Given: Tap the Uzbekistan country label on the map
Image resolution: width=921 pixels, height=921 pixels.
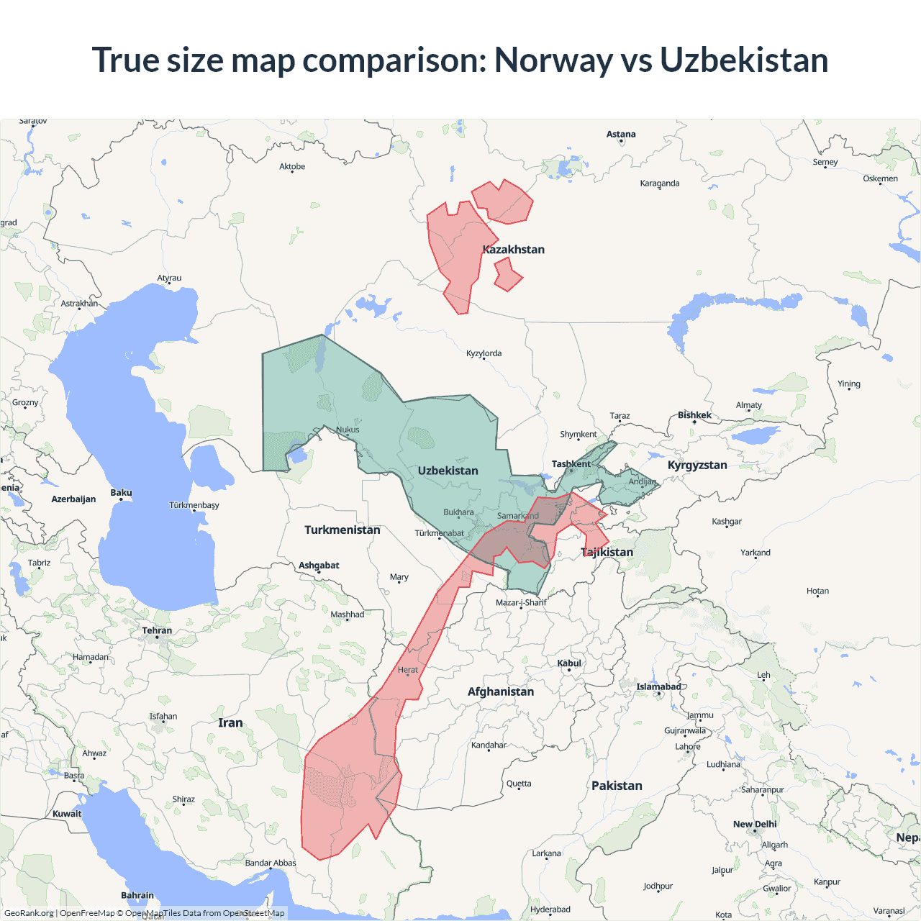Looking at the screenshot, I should click(x=448, y=471).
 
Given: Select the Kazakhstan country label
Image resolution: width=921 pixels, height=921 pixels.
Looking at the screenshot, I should click(x=514, y=250).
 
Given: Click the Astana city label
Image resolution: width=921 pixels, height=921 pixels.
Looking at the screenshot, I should click(x=621, y=135).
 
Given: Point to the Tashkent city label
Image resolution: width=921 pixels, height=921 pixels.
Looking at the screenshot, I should click(x=571, y=464).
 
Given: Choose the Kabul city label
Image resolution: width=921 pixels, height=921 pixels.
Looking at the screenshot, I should click(x=569, y=663).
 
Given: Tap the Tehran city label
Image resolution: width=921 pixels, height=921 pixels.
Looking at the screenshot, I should click(x=157, y=631).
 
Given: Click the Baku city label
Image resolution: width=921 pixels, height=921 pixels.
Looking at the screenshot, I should click(x=121, y=493).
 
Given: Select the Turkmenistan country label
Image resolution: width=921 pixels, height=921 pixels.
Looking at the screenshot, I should click(x=342, y=530).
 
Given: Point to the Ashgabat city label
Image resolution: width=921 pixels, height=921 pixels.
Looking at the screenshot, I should click(x=319, y=566).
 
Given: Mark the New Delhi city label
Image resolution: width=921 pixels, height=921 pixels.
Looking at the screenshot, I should click(x=755, y=825).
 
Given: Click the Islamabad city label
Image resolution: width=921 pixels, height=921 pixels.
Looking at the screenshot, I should click(x=658, y=687).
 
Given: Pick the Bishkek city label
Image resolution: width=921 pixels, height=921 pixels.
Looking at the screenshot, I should click(x=694, y=415).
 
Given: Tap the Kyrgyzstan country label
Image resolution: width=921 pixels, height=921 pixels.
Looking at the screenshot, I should click(x=697, y=466).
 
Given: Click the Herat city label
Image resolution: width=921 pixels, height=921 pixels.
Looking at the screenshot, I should click(x=408, y=670).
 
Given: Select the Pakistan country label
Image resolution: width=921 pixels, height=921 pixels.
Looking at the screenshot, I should click(x=617, y=786).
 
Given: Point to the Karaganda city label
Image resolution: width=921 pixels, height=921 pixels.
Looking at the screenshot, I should click(x=660, y=183).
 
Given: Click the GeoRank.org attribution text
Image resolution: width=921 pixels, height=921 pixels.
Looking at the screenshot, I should click(x=29, y=913).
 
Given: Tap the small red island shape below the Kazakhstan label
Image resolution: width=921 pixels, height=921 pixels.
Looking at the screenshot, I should click(x=507, y=275).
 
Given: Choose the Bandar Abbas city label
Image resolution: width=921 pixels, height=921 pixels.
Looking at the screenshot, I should click(x=271, y=863).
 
